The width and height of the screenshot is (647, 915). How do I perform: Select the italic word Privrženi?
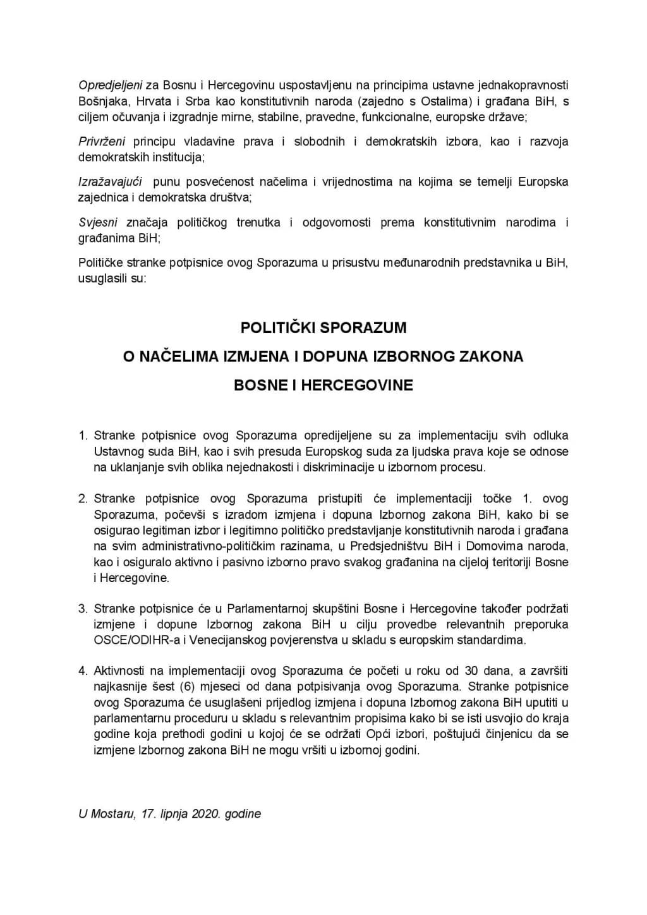click(102, 142)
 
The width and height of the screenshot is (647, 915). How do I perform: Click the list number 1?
click(83, 435)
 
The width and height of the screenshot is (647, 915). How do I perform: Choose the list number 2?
click(83, 499)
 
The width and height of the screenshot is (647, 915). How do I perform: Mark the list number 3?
click(83, 609)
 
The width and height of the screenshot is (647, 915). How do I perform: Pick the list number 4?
click(83, 671)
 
